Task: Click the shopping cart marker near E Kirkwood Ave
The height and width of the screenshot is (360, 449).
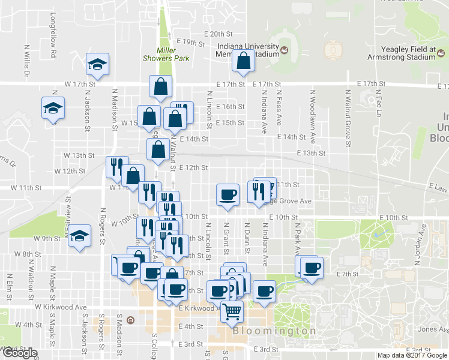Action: tap(231, 311)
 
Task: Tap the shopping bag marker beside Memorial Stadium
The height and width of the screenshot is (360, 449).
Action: tap(243, 61)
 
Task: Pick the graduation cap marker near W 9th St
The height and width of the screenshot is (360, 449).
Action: tap(79, 236)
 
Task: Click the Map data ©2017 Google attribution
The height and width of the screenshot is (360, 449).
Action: tap(412, 355)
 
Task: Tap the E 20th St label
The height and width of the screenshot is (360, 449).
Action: tap(217, 34)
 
